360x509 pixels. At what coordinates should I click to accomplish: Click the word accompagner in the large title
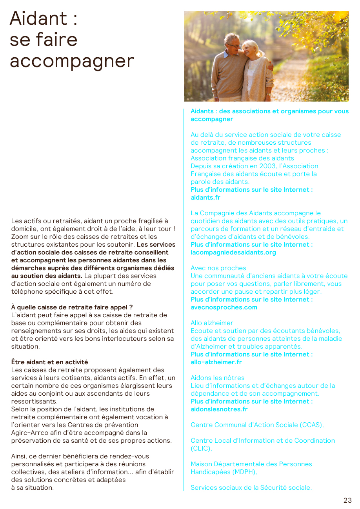tap(72, 61)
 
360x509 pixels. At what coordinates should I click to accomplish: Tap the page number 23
tap(347, 500)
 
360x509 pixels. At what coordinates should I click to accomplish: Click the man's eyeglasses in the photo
tap(234, 45)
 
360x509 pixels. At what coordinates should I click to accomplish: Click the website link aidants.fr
tap(205, 198)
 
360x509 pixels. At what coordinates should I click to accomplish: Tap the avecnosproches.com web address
tap(224, 307)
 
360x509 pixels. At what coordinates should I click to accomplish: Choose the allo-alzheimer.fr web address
tap(216, 362)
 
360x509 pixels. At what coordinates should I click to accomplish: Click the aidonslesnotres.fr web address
tap(219, 409)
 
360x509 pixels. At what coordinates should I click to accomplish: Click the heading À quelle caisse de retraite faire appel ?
tap(72, 307)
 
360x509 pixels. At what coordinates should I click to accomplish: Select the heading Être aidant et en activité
tap(49, 362)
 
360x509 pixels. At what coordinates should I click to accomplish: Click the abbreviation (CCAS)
tap(311, 425)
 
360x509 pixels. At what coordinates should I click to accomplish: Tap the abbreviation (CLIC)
tap(201, 448)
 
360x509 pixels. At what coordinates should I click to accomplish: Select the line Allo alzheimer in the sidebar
tap(212, 323)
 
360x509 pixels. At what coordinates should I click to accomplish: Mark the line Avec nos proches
tap(218, 268)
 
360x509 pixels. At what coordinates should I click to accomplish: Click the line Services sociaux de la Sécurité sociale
tap(251, 487)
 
